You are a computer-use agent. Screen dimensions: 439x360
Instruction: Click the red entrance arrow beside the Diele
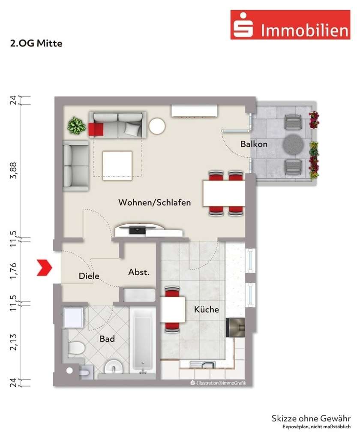(45, 268)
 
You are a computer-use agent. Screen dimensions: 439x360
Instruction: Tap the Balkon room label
(254, 144)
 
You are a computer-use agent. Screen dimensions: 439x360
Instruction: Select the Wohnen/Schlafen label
(155, 202)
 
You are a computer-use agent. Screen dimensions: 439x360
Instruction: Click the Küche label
(206, 309)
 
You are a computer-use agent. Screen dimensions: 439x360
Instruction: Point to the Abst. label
(139, 272)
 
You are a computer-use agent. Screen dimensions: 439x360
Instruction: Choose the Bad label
(107, 339)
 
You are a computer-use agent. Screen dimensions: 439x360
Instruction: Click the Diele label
(89, 276)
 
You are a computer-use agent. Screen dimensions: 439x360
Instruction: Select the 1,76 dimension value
(14, 270)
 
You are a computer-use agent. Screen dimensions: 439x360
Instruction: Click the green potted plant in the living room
(76, 126)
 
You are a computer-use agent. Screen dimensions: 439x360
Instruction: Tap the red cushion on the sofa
(96, 129)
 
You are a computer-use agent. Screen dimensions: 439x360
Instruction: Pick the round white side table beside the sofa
(157, 126)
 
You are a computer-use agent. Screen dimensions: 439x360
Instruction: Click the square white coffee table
(117, 165)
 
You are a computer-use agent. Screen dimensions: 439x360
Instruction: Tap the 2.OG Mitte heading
(36, 43)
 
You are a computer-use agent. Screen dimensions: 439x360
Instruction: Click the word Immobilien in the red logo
(304, 30)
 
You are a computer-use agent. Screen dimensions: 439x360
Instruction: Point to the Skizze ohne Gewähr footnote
(311, 418)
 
